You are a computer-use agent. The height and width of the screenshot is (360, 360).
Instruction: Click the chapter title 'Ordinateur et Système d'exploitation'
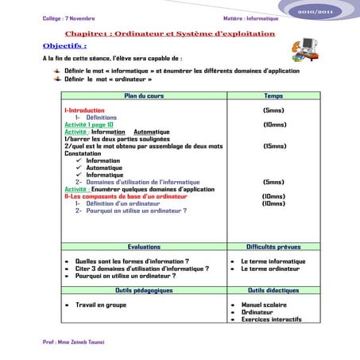click(193, 34)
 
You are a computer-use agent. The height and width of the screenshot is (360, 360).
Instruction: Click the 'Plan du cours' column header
click(142, 95)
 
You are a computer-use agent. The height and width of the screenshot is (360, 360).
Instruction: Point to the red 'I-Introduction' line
click(84, 110)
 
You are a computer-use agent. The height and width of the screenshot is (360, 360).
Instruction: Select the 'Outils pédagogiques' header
click(143, 290)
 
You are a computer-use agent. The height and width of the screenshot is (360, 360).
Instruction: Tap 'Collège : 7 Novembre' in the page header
click(67, 17)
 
